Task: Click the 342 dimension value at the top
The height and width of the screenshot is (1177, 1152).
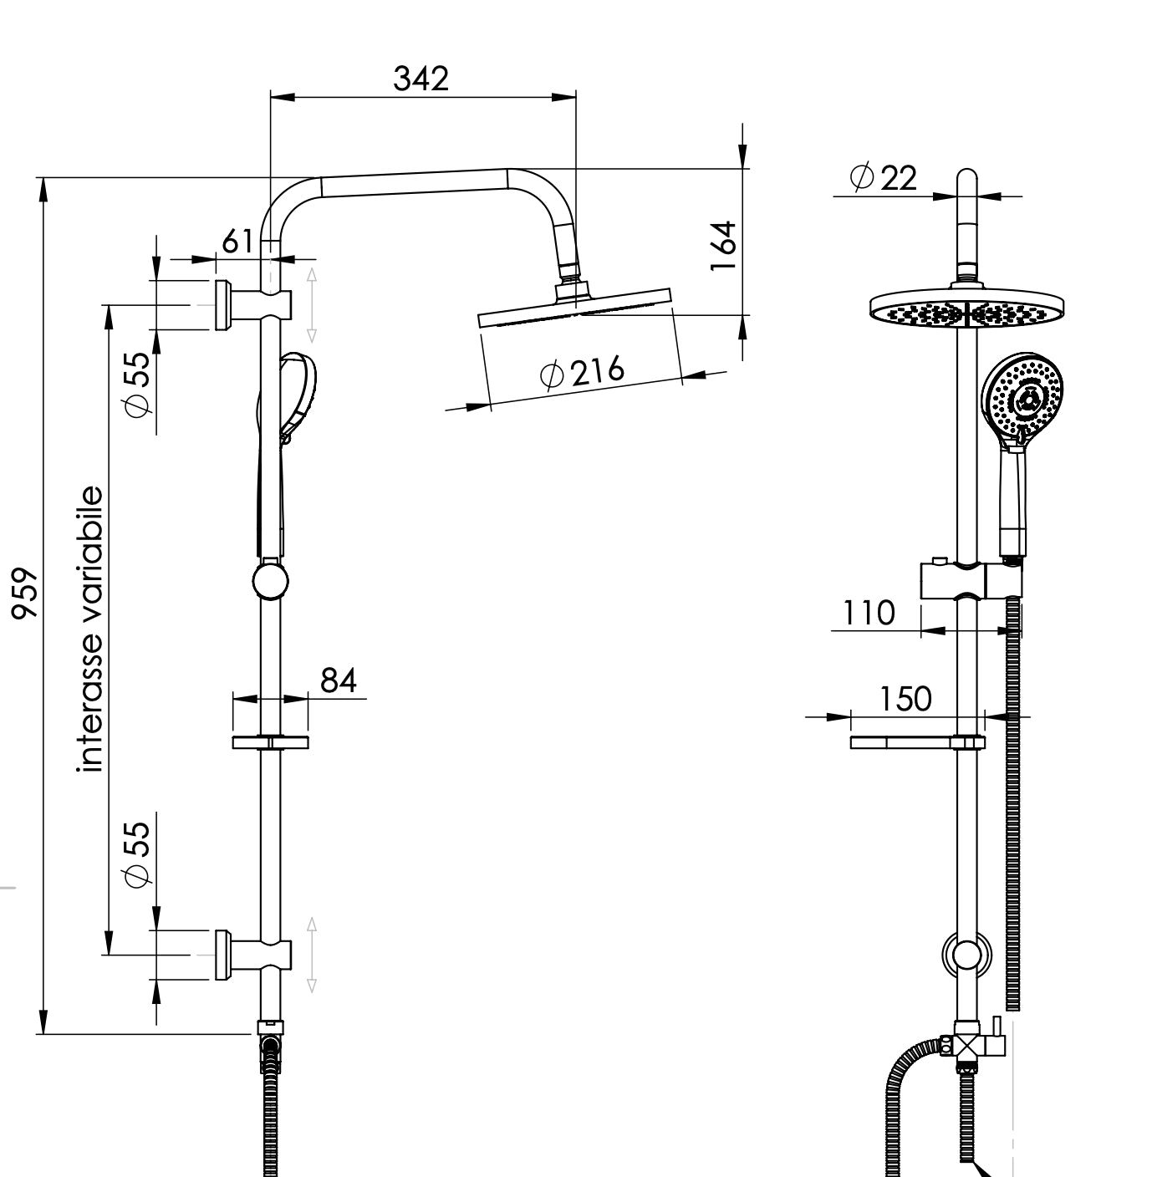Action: [421, 79]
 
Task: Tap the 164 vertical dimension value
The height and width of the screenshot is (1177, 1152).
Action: [723, 245]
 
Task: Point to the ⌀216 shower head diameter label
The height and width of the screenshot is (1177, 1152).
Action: [583, 372]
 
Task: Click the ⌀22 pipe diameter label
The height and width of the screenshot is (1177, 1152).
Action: [883, 178]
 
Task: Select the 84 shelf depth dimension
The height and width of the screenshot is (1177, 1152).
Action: [339, 680]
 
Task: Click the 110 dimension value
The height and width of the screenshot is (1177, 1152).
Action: [868, 613]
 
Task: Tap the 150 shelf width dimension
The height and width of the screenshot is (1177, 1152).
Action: [905, 699]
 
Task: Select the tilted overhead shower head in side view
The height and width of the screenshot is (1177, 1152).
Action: [575, 307]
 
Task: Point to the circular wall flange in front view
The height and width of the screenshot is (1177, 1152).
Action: [967, 954]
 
